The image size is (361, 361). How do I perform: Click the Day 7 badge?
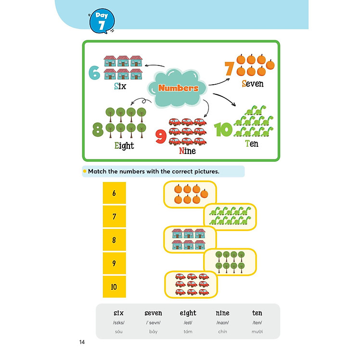tap(102, 21)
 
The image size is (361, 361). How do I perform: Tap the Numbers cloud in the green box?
tap(178, 88)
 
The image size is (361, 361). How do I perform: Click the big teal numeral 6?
tap(94, 73)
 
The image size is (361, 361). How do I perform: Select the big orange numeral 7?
tap(229, 69)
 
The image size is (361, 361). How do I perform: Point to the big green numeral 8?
tap(98, 129)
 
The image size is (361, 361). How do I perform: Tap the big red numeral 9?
tap(161, 137)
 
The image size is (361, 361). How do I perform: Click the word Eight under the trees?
tap(124, 145)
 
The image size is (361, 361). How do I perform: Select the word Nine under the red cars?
tap(187, 151)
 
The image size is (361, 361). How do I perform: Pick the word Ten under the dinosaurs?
tap(251, 143)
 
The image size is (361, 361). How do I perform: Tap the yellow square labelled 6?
tap(114, 193)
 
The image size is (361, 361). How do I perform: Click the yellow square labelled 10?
tap(114, 287)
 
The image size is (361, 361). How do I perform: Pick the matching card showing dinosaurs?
tap(231, 217)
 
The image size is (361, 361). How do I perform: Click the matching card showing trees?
tap(230, 261)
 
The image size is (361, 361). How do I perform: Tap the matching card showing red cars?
tap(190, 284)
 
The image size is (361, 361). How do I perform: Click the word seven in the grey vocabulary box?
tap(153, 313)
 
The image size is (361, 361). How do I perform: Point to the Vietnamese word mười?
tap(257, 332)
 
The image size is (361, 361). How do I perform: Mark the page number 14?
tap(82, 342)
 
